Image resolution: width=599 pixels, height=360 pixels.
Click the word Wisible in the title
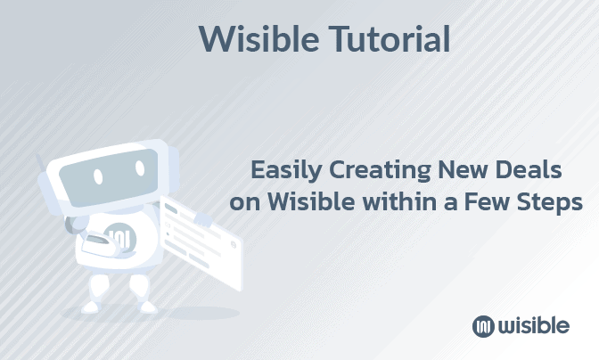tap(249, 38)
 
